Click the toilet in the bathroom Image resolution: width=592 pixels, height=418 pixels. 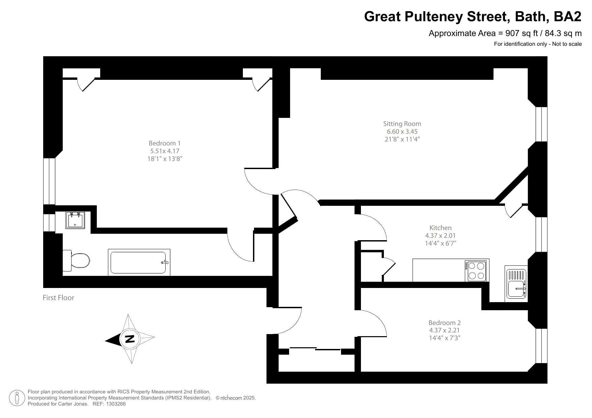77,260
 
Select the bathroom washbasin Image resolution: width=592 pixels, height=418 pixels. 75,220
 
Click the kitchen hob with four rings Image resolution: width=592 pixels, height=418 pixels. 476,270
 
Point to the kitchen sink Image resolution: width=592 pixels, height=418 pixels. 516,283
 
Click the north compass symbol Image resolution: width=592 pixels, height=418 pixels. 129,339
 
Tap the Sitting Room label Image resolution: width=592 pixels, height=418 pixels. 402,124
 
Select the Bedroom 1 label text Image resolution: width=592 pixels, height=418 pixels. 165,143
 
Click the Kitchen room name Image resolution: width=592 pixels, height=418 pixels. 440,228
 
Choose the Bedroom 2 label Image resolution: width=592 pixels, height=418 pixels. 444,323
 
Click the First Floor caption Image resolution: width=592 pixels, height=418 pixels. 58,298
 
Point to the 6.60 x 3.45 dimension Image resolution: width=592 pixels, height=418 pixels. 402,131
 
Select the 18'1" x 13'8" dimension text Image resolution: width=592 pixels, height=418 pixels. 165,159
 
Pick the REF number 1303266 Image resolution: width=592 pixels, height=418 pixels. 116,404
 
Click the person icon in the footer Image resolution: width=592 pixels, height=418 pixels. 17,398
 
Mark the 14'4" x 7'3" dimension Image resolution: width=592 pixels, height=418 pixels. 444,338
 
